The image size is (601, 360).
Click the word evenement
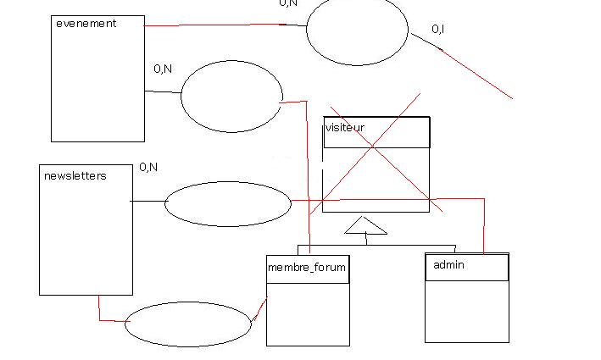click(86, 24)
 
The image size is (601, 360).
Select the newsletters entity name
click(75, 176)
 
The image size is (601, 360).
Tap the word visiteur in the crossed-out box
click(345, 128)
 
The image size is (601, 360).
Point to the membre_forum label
click(306, 268)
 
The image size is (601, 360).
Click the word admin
click(448, 265)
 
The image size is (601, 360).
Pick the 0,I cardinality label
click(438, 30)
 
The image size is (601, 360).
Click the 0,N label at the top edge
click(288, 3)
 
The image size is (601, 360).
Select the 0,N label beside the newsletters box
click(148, 168)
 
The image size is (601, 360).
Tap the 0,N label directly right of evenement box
click(163, 69)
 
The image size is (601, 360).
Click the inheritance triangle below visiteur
click(365, 225)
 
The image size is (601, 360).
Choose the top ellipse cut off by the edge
click(357, 30)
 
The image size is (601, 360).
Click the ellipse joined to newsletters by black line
click(227, 204)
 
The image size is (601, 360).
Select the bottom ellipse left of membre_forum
click(188, 324)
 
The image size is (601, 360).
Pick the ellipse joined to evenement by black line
click(231, 97)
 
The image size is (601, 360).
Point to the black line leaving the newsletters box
click(148, 202)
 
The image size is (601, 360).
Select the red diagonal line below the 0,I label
click(479, 75)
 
